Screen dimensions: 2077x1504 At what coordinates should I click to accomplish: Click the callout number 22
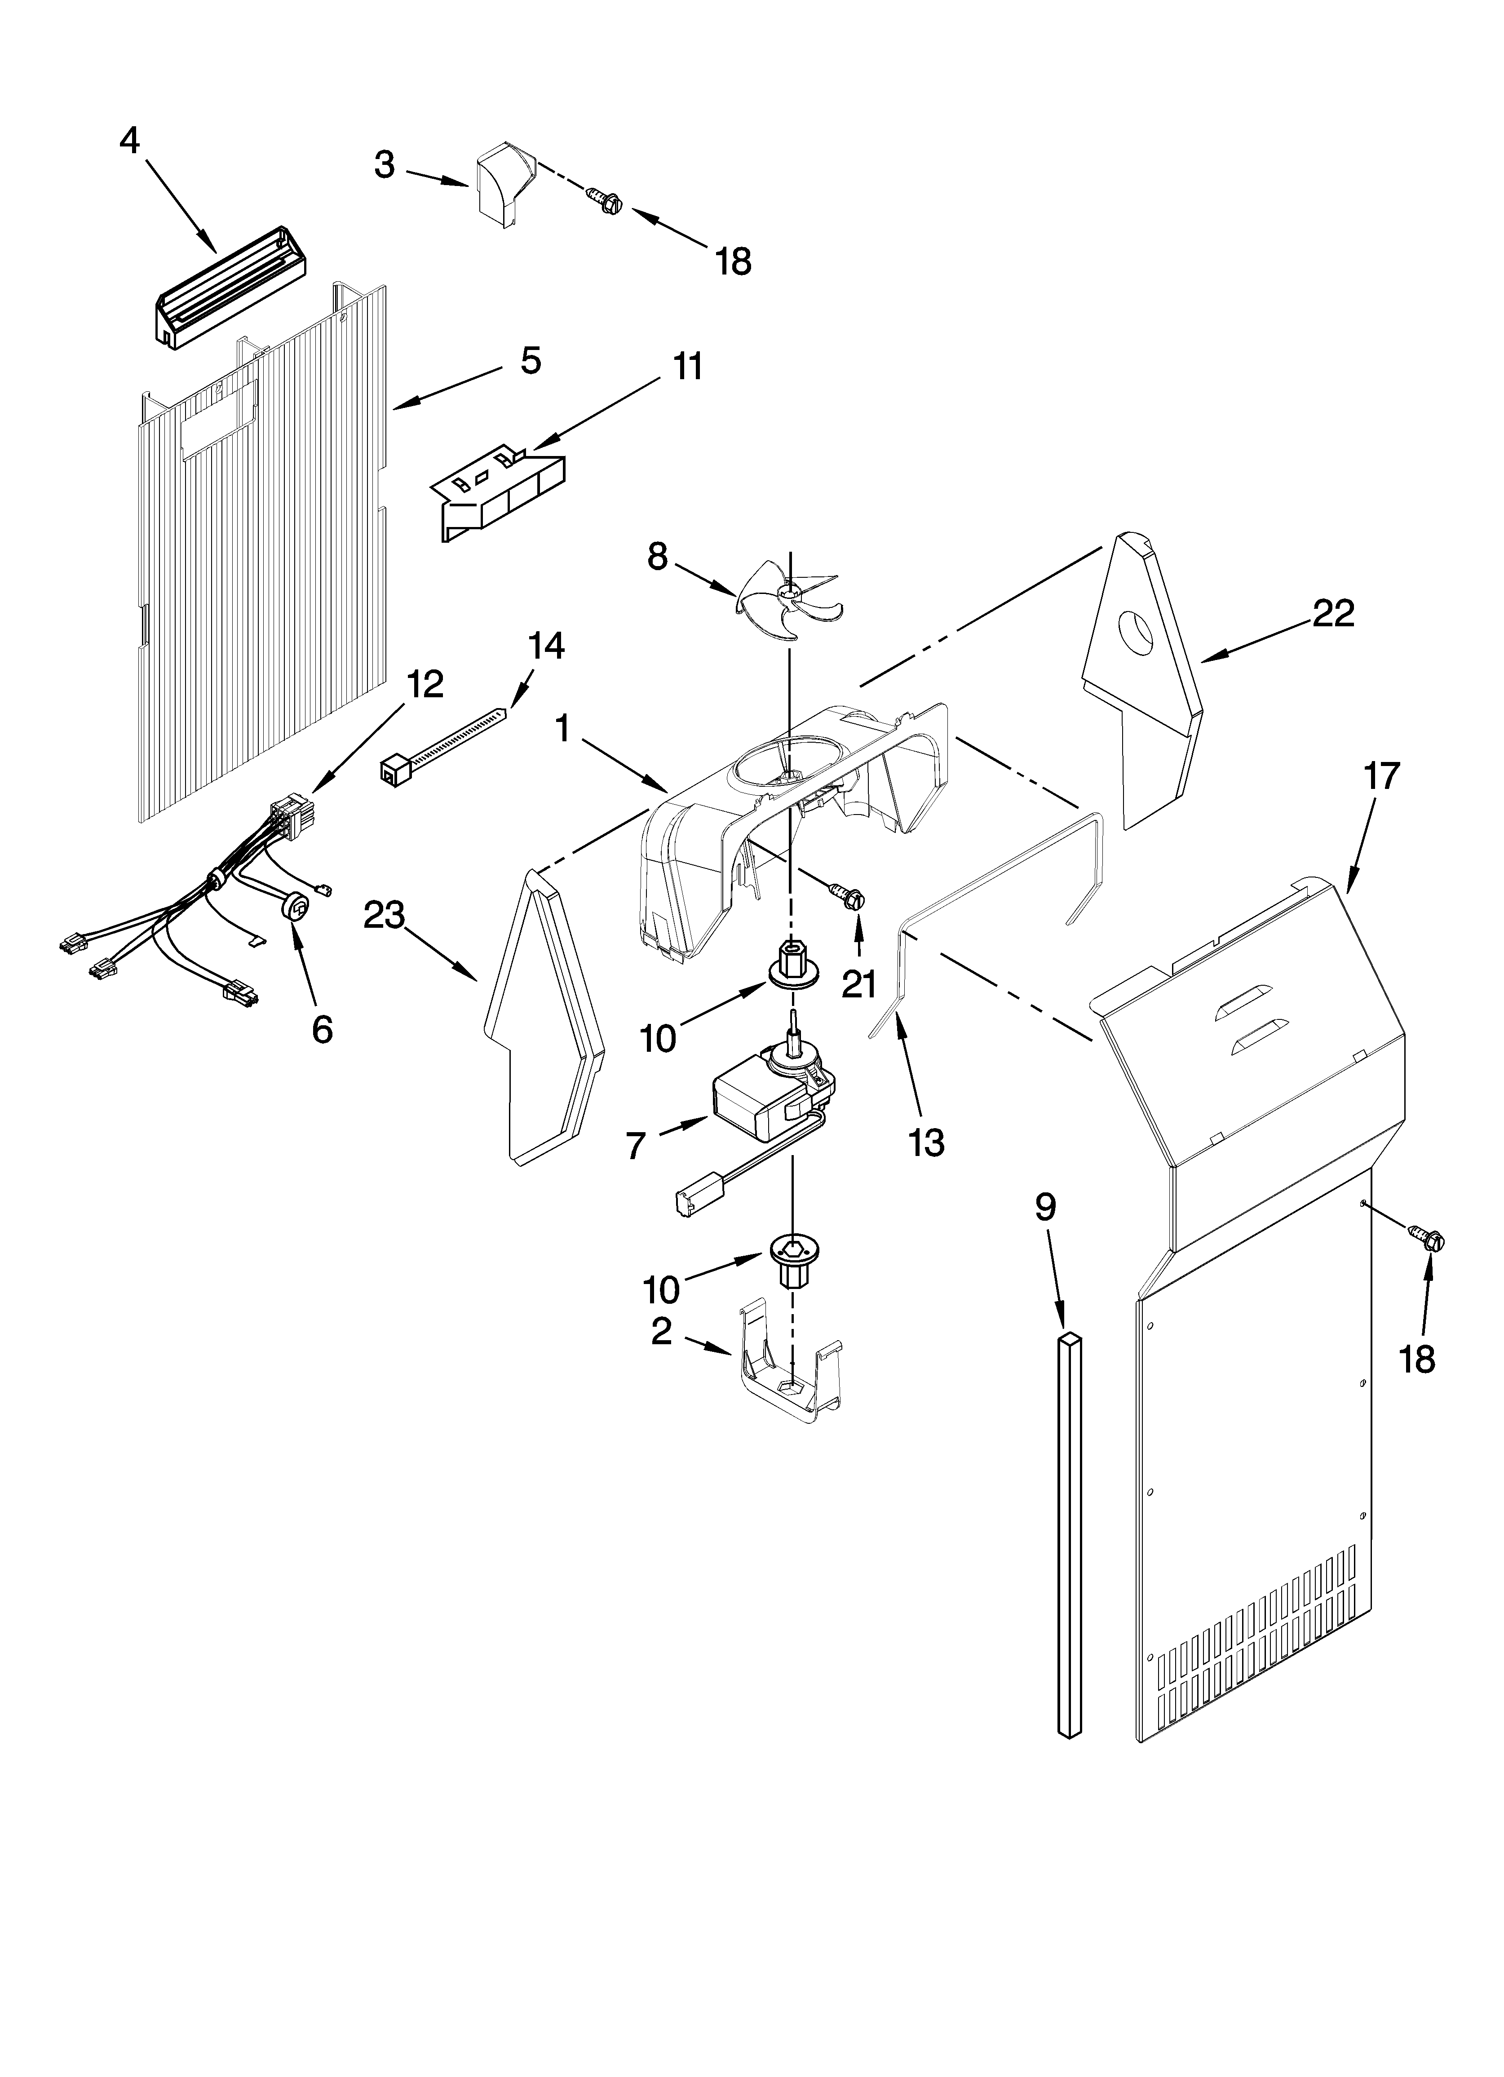click(x=1333, y=614)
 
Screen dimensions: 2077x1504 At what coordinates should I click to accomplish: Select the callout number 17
click(x=1381, y=775)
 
